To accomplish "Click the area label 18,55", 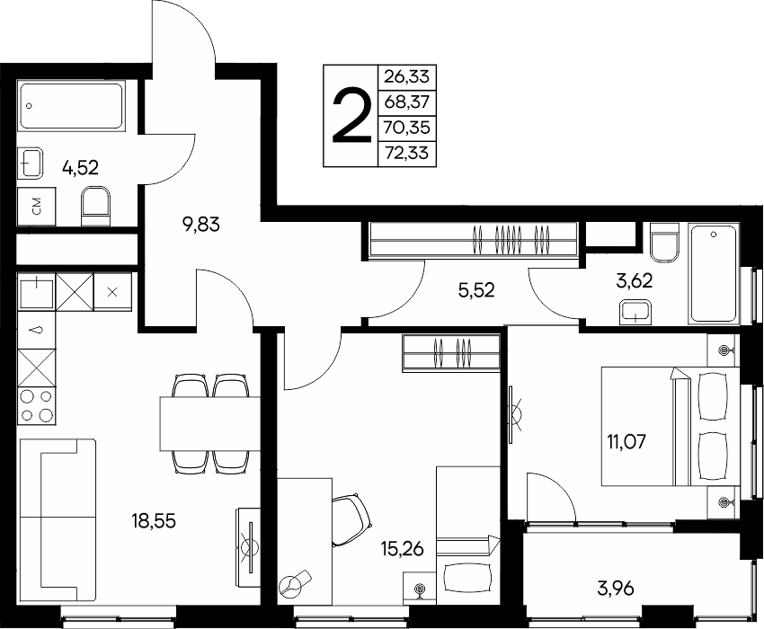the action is [x=154, y=521].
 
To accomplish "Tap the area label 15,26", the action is [x=402, y=549].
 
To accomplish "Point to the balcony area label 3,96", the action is [x=616, y=589].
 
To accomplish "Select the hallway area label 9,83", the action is [x=200, y=225].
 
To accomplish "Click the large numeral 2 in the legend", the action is [x=351, y=116].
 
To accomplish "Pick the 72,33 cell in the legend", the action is [x=407, y=154].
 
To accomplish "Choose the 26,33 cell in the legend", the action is [x=407, y=77].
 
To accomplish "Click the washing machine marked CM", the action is [x=37, y=207].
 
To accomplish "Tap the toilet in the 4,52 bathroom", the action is [x=95, y=206].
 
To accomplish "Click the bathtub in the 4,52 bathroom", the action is [x=71, y=106].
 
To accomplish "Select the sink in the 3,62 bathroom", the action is [x=635, y=313].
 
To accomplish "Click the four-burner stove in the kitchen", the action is [x=37, y=405].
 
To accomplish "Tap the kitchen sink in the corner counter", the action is [x=37, y=291].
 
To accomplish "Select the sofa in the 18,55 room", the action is [x=58, y=519].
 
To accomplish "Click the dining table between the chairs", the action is [x=210, y=423].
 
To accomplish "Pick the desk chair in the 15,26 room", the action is [x=351, y=520].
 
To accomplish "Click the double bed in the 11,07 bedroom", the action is [x=671, y=426].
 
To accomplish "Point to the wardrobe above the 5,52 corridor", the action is [x=474, y=240].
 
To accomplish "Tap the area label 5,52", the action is [x=476, y=290].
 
